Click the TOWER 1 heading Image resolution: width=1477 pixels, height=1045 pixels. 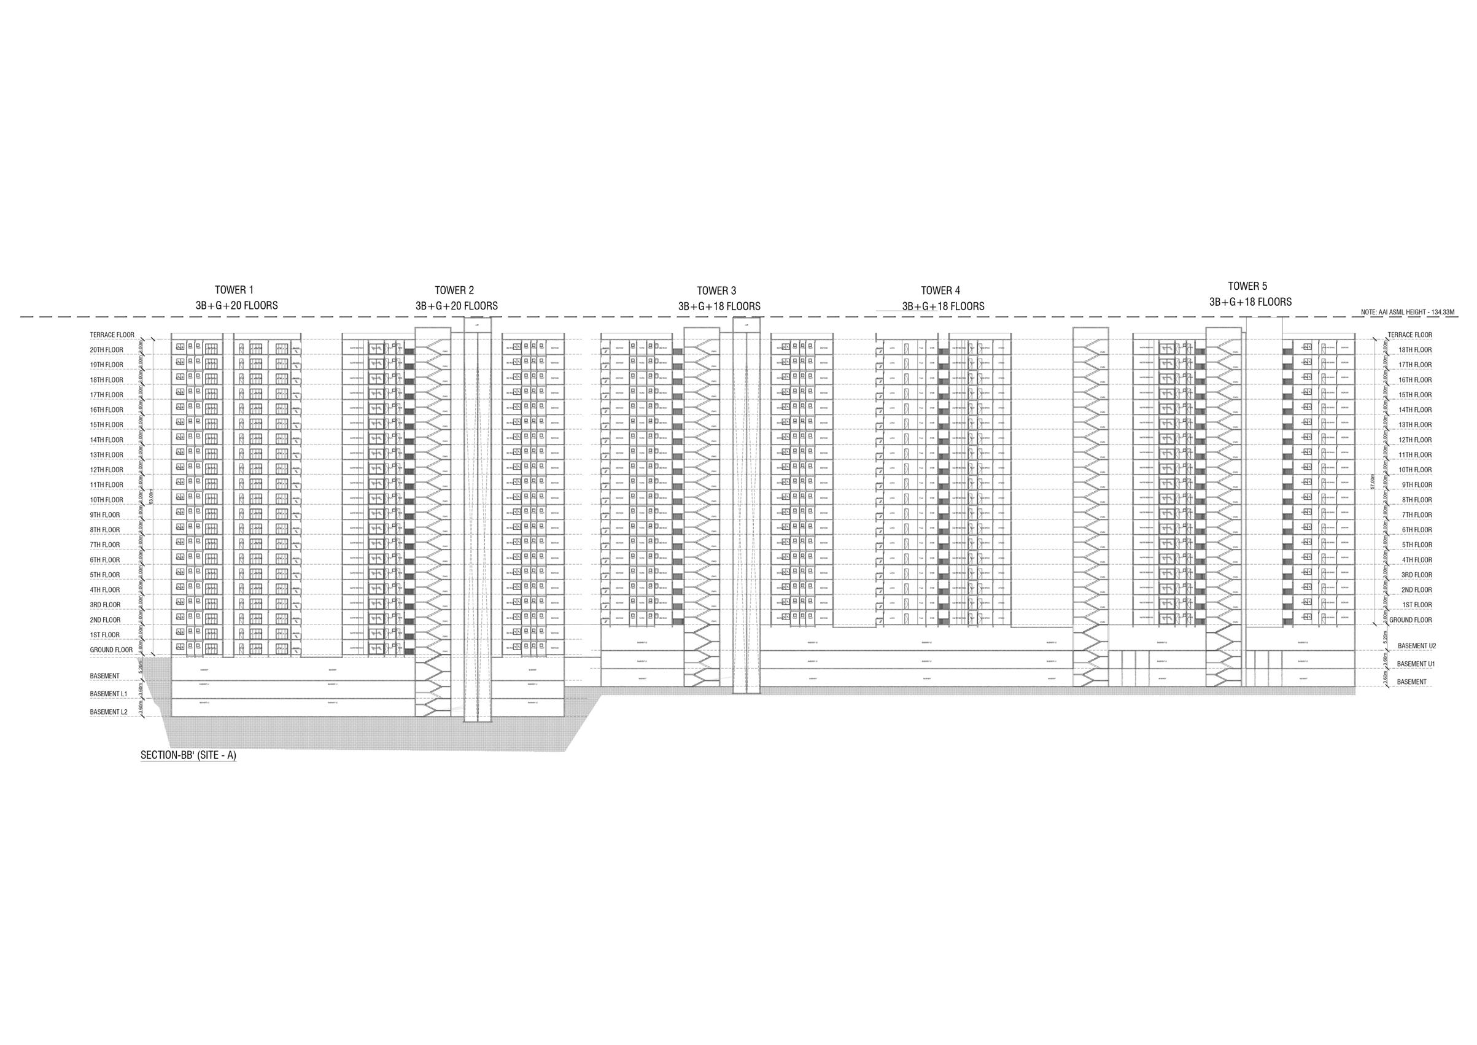click(234, 290)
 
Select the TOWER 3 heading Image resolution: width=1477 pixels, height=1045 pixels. click(716, 291)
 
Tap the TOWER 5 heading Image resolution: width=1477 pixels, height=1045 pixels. click(1247, 286)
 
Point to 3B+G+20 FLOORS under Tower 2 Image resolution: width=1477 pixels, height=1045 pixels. click(456, 306)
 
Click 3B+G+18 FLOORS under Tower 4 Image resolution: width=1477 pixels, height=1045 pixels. click(942, 307)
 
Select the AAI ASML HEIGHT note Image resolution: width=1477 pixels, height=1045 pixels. click(1406, 312)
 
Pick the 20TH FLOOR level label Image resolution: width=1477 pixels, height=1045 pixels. click(106, 350)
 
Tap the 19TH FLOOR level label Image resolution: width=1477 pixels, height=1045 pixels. click(106, 365)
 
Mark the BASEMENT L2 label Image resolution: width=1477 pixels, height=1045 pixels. click(109, 712)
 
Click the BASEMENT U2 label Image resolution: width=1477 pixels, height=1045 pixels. click(1411, 646)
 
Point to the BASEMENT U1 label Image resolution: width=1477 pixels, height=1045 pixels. click(1411, 664)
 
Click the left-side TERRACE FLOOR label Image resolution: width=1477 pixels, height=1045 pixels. click(112, 335)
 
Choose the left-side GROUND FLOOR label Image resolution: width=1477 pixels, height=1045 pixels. click(110, 650)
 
